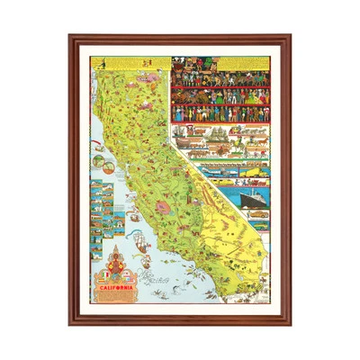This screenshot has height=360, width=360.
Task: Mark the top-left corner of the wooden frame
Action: point(69,36)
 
